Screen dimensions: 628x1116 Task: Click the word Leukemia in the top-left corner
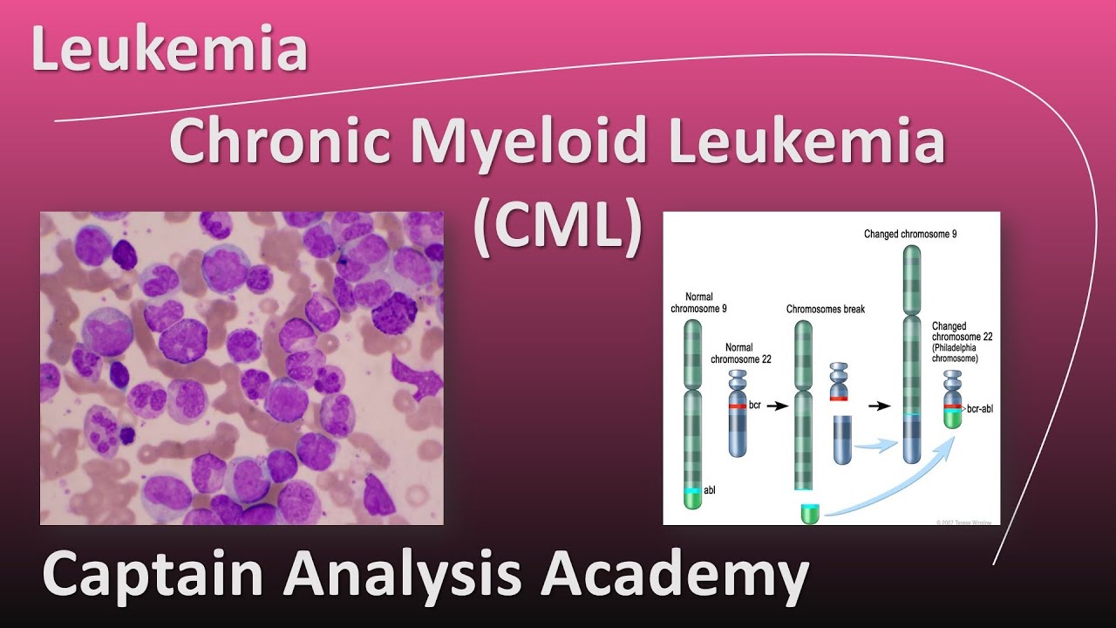169,50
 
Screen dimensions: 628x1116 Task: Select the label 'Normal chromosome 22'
740,352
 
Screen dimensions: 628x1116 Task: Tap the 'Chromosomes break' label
825,309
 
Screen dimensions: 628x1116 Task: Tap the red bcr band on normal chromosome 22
738,406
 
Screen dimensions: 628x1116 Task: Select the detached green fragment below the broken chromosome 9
810,514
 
